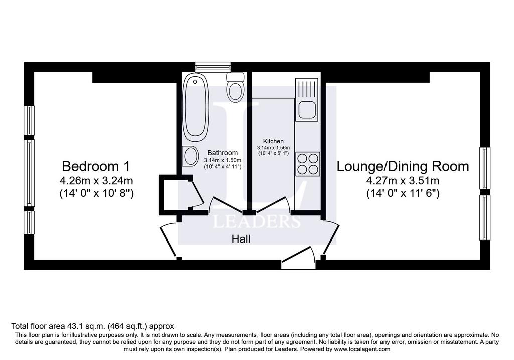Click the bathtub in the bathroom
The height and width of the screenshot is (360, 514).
(x=195, y=107)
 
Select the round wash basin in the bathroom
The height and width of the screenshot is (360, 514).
(x=190, y=156)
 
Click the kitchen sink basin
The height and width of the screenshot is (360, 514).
(x=307, y=110)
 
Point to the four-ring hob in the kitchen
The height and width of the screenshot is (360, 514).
(x=308, y=164)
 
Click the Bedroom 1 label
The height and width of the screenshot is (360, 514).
(x=96, y=166)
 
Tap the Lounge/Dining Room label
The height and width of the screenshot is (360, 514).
(x=403, y=166)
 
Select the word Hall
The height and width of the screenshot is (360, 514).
(x=241, y=238)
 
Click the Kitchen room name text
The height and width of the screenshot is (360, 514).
(x=274, y=141)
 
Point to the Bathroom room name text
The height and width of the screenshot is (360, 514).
(x=222, y=153)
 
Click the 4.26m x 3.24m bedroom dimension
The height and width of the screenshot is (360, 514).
(x=96, y=181)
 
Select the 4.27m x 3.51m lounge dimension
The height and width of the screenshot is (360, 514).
(x=403, y=181)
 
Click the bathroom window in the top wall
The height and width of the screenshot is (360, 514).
(x=213, y=67)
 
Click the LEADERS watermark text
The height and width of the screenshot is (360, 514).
(x=256, y=221)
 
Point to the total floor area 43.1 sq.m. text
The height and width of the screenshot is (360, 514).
(x=92, y=326)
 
